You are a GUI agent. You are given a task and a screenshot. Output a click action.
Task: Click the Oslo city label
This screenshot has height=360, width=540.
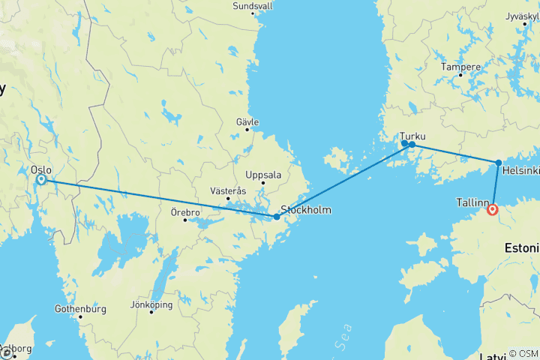click(x=41, y=169)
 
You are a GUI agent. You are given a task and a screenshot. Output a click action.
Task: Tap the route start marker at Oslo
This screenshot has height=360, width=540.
click(x=41, y=180)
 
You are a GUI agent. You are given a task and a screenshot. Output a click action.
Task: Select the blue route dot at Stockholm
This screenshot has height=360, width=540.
click(x=277, y=217)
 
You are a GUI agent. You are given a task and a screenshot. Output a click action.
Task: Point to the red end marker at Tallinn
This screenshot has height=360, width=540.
click(x=492, y=210)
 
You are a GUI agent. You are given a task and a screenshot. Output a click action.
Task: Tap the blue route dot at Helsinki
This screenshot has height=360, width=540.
click(x=499, y=162)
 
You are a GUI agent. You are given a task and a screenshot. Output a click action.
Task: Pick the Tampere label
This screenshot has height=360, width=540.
click(x=460, y=67)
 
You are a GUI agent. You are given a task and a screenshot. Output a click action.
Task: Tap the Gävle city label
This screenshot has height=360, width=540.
click(x=247, y=121)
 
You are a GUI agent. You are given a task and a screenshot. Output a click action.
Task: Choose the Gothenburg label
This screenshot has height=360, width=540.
click(x=80, y=308)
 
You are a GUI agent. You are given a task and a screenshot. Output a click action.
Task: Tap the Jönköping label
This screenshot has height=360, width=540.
click(x=151, y=304)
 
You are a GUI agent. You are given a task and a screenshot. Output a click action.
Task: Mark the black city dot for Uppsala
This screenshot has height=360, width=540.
click(x=262, y=183)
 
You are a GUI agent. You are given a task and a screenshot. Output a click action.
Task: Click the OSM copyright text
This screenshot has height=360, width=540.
click(x=523, y=353)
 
